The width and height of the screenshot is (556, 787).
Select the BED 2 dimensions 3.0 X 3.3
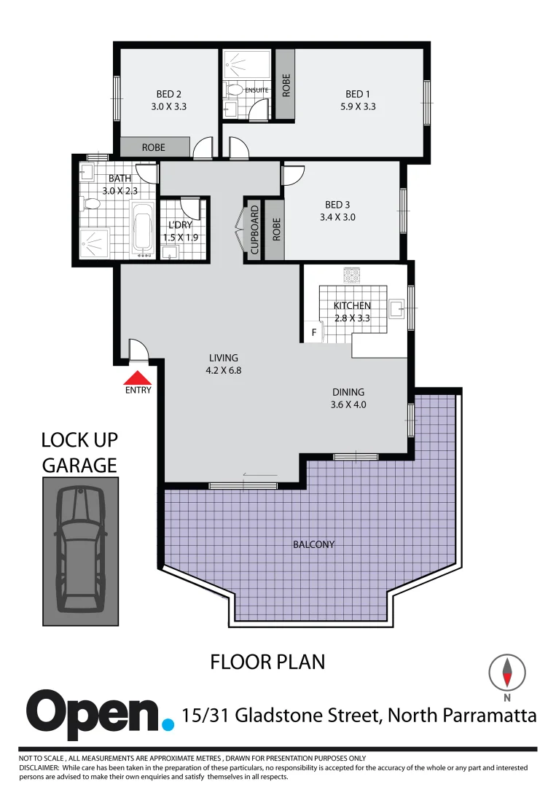(168, 106)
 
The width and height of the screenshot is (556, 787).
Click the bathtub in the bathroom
(142, 230)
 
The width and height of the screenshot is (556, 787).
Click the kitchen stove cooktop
(353, 275)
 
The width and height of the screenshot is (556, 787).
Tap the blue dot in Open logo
(168, 724)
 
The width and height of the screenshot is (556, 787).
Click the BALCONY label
(313, 544)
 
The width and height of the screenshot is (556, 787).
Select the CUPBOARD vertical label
(254, 230)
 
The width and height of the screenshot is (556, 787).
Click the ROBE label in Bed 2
(153, 147)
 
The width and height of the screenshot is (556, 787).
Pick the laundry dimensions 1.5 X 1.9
(181, 238)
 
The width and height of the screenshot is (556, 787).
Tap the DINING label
(348, 392)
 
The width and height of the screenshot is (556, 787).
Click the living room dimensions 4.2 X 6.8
(223, 370)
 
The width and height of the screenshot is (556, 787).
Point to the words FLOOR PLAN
(267, 662)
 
